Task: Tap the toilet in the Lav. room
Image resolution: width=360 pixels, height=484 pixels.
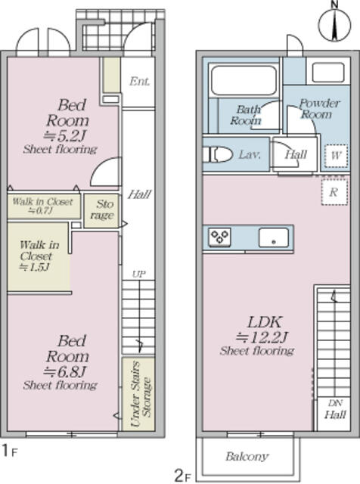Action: pos(219,154)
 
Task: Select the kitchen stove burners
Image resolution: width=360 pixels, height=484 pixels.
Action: pos(220,237)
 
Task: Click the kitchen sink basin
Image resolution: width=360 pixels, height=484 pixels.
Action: pos(270,237)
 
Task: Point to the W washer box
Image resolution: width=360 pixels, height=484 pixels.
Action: pos(335,156)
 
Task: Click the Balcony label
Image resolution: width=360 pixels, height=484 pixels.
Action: pos(247,457)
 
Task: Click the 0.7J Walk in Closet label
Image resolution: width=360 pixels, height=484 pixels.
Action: pos(42,206)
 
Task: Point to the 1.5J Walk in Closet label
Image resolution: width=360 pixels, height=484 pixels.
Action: pos(35,255)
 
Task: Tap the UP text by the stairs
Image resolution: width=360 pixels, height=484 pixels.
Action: pos(138,274)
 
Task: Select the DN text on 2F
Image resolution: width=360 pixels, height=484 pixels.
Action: pos(335,403)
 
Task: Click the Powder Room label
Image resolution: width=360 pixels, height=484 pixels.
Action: pos(316,109)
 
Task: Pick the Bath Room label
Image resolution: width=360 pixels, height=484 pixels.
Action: pos(246,114)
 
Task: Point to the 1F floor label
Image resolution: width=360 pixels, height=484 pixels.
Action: pos(8,451)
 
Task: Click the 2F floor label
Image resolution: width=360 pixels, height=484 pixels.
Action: pos(182,475)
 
